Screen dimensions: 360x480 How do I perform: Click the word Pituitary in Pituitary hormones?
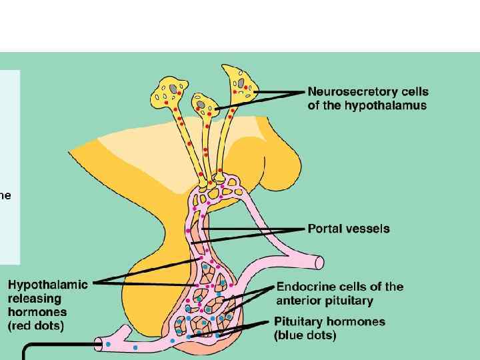[x=300, y=321]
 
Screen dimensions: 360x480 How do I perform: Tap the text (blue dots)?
[x=305, y=335]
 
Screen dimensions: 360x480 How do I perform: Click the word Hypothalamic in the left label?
[x=47, y=285]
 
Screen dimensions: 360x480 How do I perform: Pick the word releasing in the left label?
[x=34, y=298]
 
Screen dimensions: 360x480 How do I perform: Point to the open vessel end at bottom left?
[x=99, y=343]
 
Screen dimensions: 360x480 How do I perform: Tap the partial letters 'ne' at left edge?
[x=5, y=195]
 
